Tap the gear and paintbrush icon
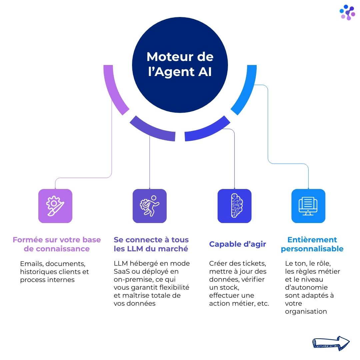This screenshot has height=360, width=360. pyautogui.click(x=55, y=206)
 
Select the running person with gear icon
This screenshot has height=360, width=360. pyautogui.click(x=149, y=206)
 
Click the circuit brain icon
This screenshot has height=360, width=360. pyautogui.click(x=234, y=206)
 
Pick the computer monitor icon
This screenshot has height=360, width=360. pyautogui.click(x=308, y=206)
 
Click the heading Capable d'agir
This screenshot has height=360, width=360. pyautogui.click(x=237, y=244)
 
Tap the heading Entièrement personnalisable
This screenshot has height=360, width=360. pyautogui.click(x=312, y=244)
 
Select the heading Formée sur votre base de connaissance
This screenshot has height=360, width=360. pyautogui.click(x=57, y=244)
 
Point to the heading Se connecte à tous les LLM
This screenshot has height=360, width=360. pyautogui.click(x=151, y=244)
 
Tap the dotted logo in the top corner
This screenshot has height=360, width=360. pyautogui.click(x=347, y=12)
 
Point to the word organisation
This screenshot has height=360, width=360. pyautogui.click(x=306, y=311)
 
